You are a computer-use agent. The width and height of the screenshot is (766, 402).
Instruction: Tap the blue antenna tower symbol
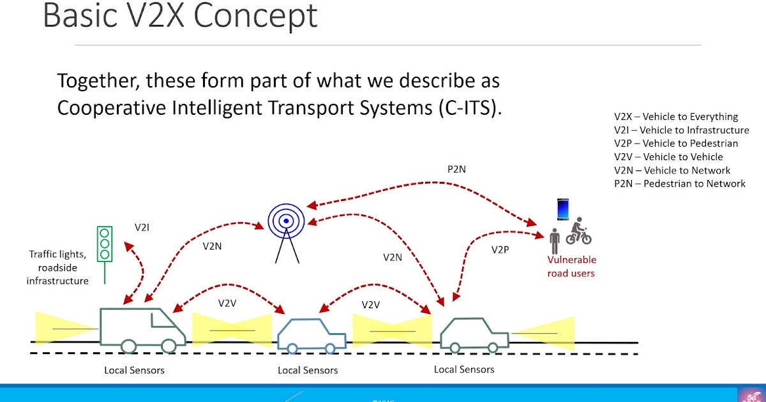287,230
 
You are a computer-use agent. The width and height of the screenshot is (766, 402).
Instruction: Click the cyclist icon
578,232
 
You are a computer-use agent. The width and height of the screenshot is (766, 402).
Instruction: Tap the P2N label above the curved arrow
456,170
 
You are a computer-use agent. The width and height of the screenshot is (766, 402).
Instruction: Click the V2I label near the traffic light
143,227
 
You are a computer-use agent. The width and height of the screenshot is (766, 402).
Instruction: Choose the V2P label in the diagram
500,249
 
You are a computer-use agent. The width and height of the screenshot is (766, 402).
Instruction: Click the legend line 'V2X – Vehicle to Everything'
676,117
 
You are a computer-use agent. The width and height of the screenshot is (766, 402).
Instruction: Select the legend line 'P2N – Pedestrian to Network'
680,184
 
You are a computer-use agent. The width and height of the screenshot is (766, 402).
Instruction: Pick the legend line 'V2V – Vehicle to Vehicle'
668,157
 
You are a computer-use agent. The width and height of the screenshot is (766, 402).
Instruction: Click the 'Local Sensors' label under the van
134,370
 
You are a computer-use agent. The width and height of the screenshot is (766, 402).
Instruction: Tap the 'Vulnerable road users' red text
571,267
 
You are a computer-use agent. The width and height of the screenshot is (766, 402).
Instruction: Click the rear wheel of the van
128,346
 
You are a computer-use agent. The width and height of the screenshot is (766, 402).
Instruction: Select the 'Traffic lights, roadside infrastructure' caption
57,267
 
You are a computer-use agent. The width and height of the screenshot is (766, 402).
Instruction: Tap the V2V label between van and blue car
227,303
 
